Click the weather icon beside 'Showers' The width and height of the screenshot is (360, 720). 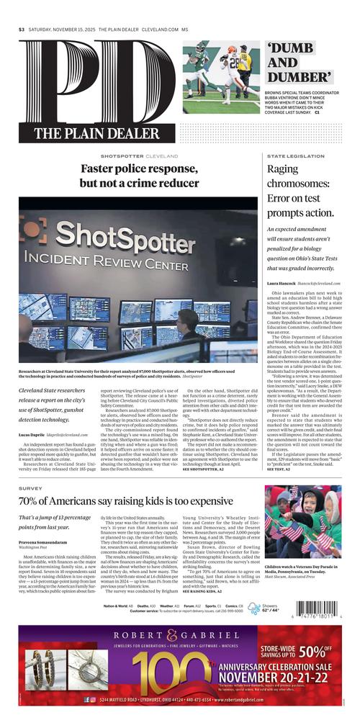pyautogui.click(x=253, y=608)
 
